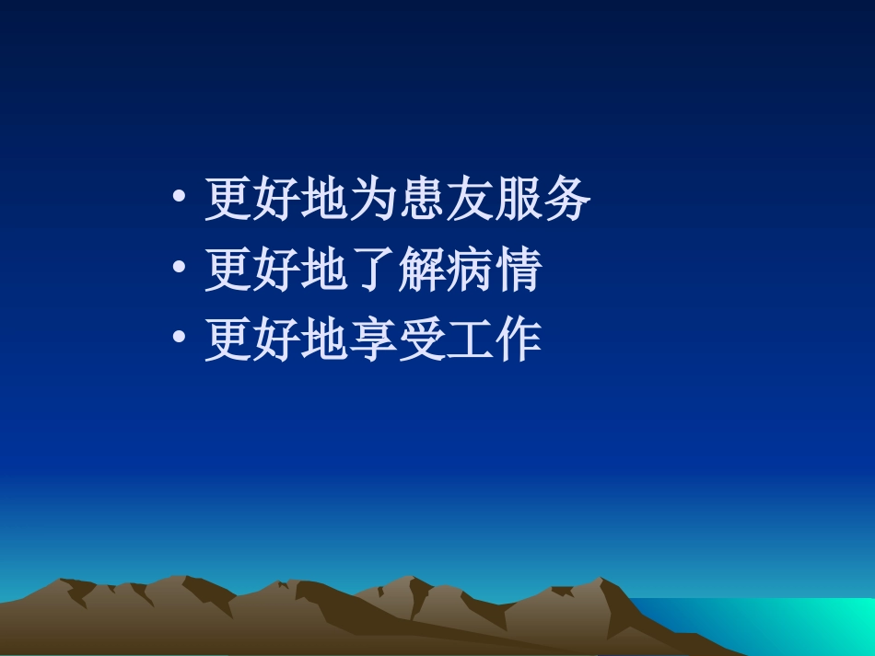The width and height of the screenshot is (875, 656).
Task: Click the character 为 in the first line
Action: [x=373, y=199]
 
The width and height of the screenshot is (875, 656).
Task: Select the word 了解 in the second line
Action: [x=397, y=270]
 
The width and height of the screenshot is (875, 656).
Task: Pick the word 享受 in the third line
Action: [x=397, y=340]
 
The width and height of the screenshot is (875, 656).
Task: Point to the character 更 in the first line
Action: [x=228, y=199]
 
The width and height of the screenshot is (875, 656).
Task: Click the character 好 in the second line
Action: [x=276, y=270]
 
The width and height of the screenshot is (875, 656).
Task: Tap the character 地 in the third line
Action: [x=324, y=340]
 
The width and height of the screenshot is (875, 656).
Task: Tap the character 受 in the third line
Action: [x=421, y=340]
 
